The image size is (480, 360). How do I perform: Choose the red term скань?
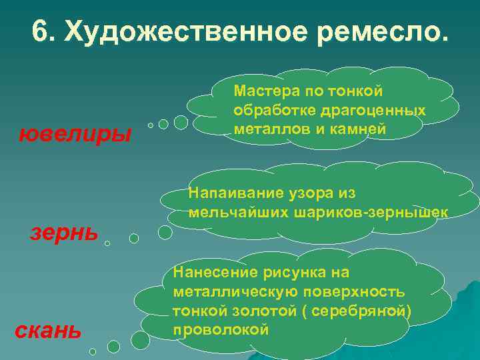pos(49,329)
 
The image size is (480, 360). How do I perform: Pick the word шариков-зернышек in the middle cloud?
pos(383,213)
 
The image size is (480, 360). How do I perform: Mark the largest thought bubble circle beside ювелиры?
pos(181,122)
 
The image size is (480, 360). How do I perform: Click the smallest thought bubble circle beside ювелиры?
pos(151,125)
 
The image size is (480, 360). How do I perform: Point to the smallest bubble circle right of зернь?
pos(107,243)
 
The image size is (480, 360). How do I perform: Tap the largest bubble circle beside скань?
pos(141,341)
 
